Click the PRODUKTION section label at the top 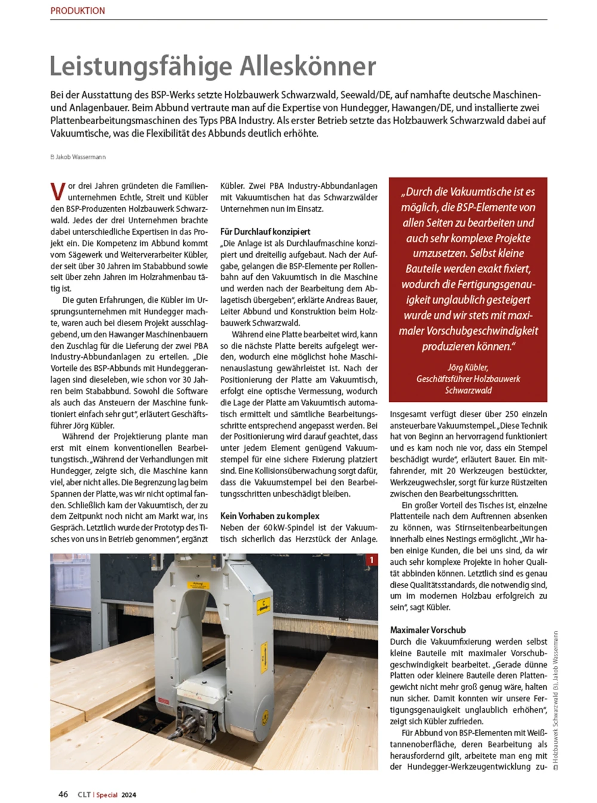[x=78, y=11]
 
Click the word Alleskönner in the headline [x=308, y=66]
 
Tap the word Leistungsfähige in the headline [x=141, y=66]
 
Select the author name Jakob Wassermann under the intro [x=81, y=157]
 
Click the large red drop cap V [x=58, y=192]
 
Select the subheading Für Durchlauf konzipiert [x=265, y=232]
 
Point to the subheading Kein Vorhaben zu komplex [x=270, y=516]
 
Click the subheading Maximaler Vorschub [x=427, y=630]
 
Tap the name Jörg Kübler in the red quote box [x=467, y=367]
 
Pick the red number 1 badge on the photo [x=371, y=560]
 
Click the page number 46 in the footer [x=63, y=794]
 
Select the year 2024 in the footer [x=129, y=795]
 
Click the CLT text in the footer [x=84, y=795]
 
